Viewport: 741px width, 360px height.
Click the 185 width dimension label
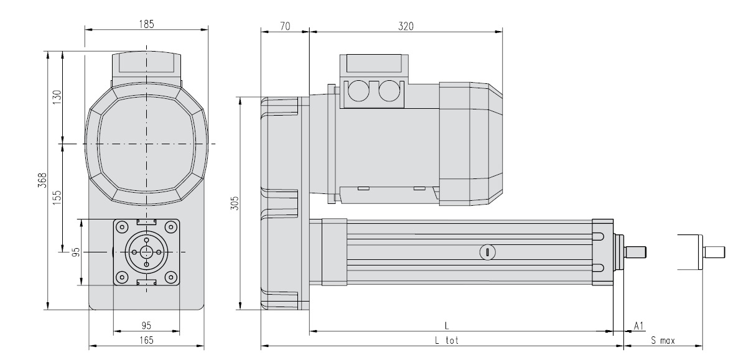coord(147,24)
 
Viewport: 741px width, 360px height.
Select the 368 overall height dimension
coord(41,180)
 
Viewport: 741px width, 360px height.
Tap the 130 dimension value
coord(57,98)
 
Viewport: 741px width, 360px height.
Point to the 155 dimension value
coord(57,198)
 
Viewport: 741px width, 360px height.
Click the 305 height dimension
coord(234,203)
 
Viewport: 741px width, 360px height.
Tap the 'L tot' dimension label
coord(447,339)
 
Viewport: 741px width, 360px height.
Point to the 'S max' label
coord(663,339)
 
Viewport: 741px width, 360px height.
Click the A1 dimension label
coord(638,326)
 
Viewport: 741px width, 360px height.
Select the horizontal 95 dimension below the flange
coord(147,325)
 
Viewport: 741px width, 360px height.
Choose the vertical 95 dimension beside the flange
coord(76,252)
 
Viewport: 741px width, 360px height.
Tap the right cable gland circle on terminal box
coord(389,91)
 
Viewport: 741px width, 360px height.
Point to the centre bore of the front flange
coord(146,252)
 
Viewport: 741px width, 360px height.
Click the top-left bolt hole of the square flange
coord(123,228)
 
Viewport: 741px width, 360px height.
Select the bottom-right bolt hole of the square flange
coord(170,276)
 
